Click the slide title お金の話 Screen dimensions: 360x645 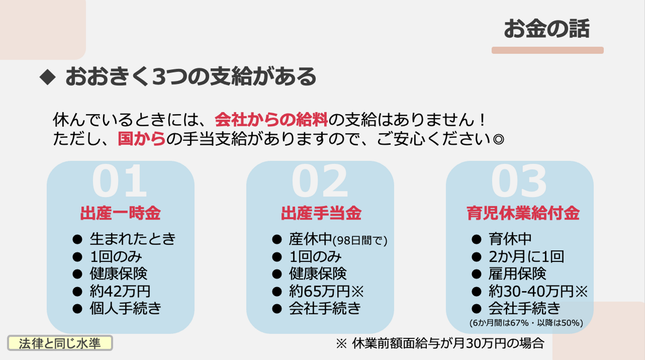(x=547, y=29)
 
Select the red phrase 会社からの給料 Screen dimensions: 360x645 (x=271, y=120)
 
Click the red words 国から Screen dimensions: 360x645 (x=141, y=139)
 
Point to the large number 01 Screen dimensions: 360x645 (x=120, y=181)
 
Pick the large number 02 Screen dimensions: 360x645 (x=319, y=181)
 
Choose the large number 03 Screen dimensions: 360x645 (x=519, y=181)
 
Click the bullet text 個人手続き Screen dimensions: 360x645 (x=125, y=309)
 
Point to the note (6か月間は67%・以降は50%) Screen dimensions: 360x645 (x=526, y=323)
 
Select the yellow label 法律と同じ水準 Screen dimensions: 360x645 (x=60, y=343)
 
